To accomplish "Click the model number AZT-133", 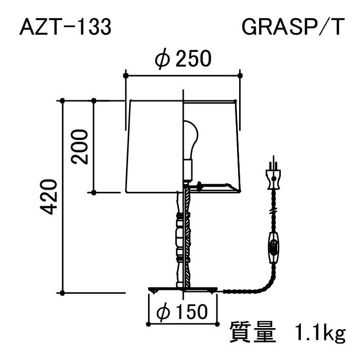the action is [x=65, y=27].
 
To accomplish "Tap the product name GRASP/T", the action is [x=293, y=27].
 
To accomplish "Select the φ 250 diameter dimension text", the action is [x=183, y=59].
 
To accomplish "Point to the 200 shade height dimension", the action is [x=80, y=147].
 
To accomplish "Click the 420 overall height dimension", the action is [x=48, y=197].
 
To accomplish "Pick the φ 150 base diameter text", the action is [x=182, y=312].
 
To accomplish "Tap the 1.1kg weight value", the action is [x=320, y=333].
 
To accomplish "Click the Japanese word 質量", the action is [x=253, y=332].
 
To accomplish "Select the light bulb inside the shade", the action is [x=191, y=139].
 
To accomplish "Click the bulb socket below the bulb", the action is [x=188, y=169].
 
